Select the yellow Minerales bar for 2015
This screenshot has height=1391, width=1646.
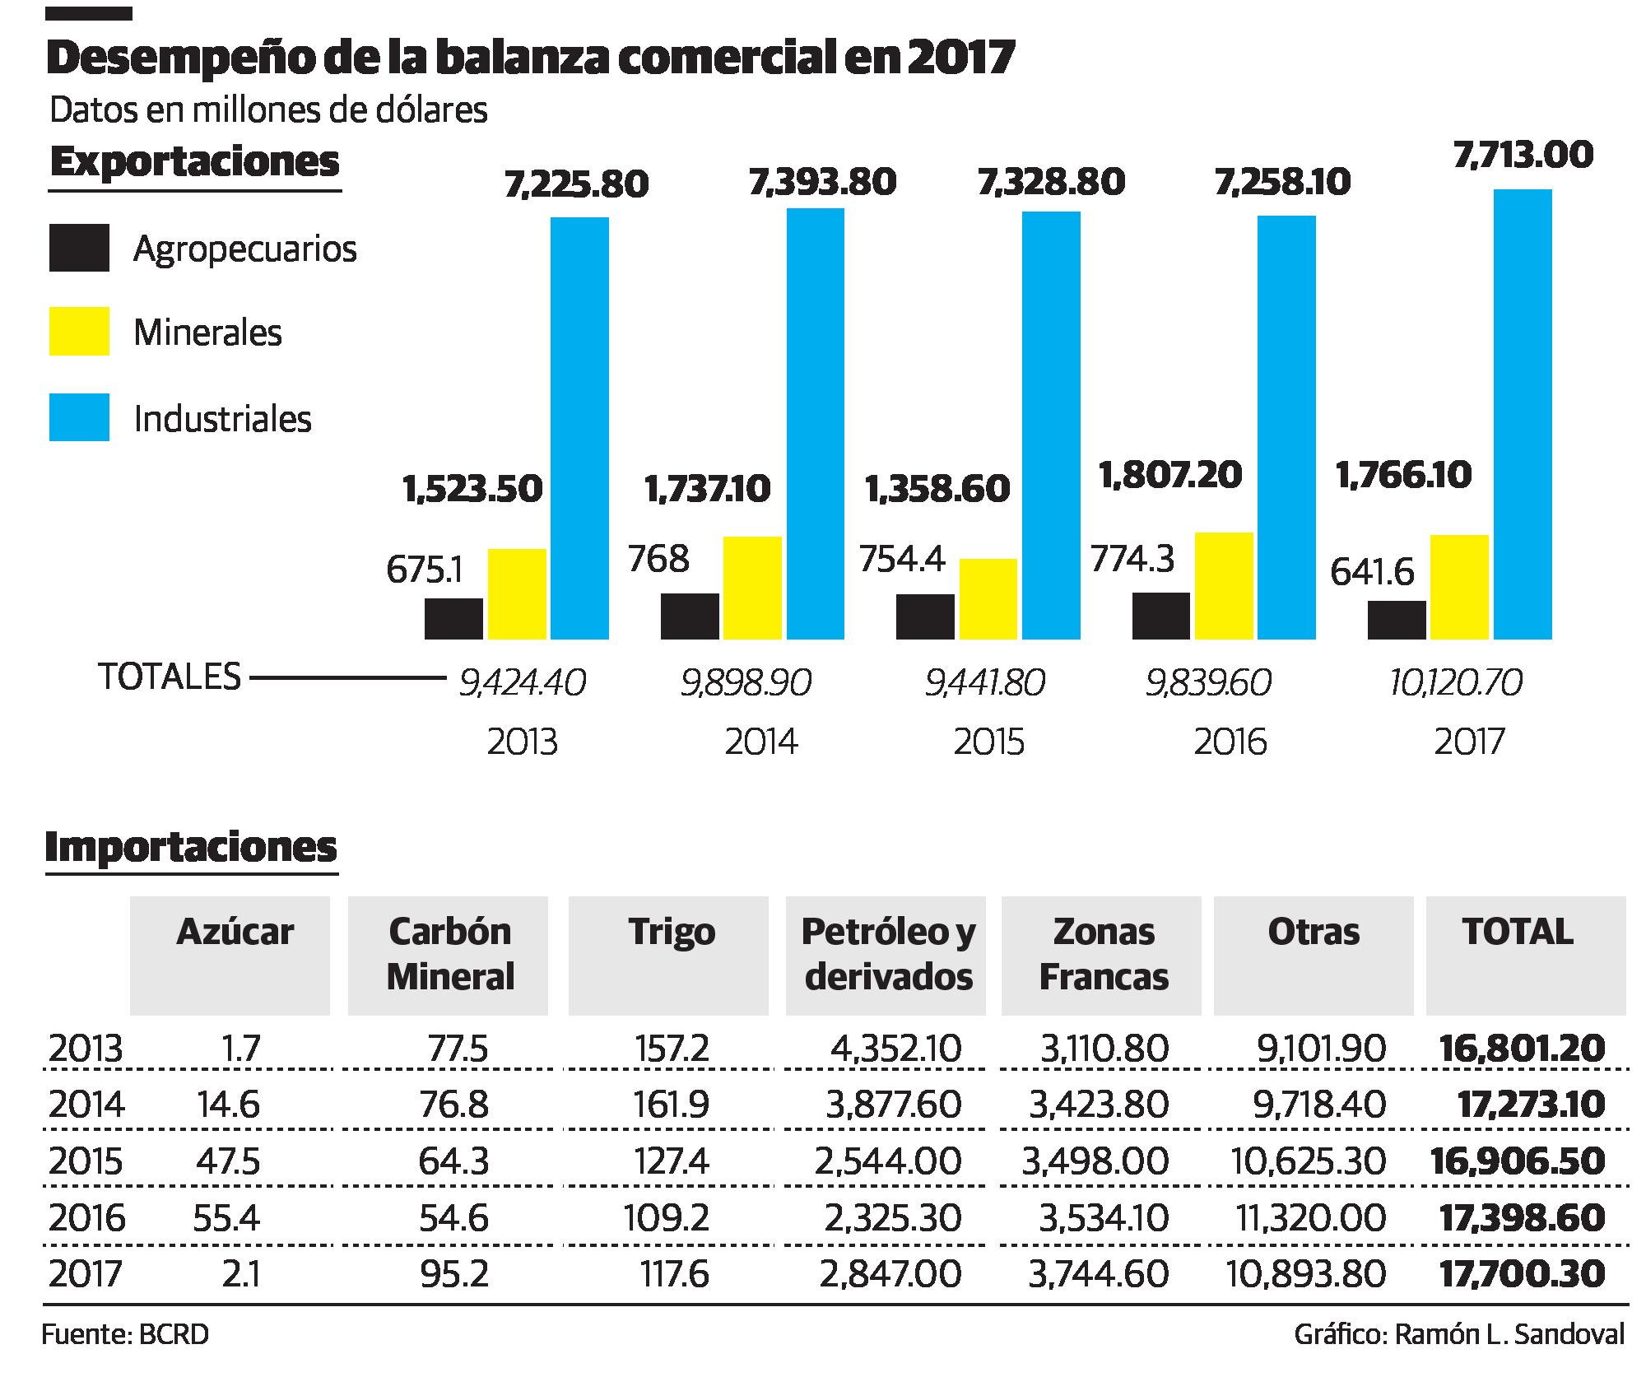(988, 599)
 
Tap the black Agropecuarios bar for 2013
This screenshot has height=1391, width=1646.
(453, 619)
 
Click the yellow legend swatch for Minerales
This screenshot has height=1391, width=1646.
(79, 332)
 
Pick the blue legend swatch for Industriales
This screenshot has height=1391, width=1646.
(79, 417)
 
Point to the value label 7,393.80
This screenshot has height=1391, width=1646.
(822, 183)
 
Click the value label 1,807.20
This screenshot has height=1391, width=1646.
(1170, 476)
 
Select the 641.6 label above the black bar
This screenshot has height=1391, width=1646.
(1372, 572)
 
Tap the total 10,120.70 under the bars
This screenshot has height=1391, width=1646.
(1456, 683)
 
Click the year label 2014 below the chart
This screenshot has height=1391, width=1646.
(760, 742)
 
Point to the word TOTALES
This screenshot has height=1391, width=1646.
(170, 677)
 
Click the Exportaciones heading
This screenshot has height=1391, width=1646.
(194, 162)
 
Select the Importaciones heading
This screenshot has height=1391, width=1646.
(191, 847)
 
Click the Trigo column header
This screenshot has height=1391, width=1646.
(671, 933)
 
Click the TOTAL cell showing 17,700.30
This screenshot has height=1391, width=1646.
(1522, 1274)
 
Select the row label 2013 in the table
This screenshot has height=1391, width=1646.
(86, 1049)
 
